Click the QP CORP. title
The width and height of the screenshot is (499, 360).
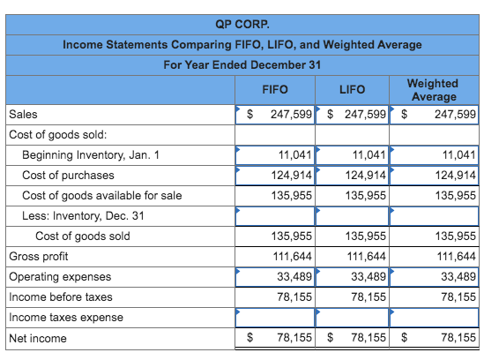click(x=242, y=24)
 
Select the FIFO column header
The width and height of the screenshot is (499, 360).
click(x=275, y=89)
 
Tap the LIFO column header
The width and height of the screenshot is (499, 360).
click(x=352, y=89)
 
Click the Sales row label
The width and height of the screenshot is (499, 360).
click(x=23, y=115)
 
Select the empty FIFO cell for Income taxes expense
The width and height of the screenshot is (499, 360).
click(x=275, y=318)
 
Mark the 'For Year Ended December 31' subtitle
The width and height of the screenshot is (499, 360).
click(x=242, y=65)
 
